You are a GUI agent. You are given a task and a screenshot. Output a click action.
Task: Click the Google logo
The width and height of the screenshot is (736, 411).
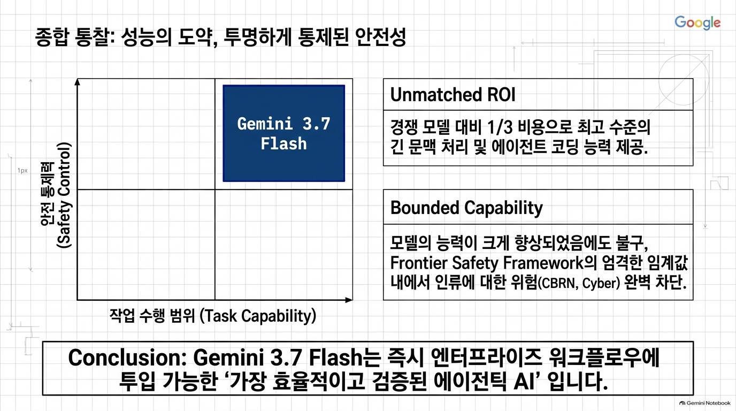[x=697, y=22]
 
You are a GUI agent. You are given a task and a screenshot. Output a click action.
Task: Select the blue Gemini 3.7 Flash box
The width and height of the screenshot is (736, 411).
[x=284, y=133]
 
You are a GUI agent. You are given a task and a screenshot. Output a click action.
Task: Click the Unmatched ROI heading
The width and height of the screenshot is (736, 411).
[x=453, y=95]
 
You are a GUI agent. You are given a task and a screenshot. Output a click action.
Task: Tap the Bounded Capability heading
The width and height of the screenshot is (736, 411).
[x=466, y=208]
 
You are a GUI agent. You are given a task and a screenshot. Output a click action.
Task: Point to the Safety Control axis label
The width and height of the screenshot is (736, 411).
[x=56, y=195]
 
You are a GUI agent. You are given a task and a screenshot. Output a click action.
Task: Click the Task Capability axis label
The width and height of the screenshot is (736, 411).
[x=213, y=316]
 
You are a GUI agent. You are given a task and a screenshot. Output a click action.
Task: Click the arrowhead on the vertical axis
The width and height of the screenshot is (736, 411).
[x=77, y=82]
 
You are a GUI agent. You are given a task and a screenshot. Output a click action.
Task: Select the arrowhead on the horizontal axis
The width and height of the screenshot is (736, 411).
[x=349, y=300]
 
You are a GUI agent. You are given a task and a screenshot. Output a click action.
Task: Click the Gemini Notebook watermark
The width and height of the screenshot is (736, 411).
[x=705, y=403]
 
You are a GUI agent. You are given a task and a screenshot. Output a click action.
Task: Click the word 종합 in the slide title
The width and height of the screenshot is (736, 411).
[x=52, y=37]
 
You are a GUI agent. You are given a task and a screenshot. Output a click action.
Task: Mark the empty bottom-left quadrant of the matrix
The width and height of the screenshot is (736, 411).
[x=146, y=245]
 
